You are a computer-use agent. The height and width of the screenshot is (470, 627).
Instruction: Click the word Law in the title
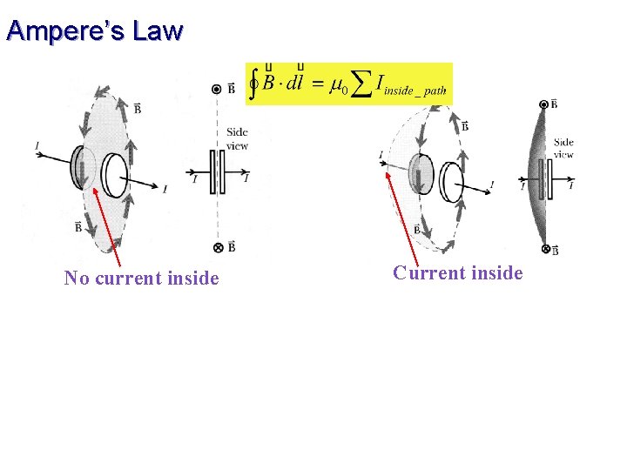click(158, 31)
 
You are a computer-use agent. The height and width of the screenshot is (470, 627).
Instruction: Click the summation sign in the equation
click(355, 84)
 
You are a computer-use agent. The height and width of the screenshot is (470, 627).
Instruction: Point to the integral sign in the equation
click(253, 84)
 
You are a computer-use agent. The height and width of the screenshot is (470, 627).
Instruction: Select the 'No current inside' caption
click(141, 279)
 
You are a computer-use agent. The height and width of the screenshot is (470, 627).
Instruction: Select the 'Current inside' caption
click(457, 273)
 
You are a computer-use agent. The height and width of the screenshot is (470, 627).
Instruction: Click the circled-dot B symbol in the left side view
click(217, 89)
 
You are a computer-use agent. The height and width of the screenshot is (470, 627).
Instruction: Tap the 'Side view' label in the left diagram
click(237, 139)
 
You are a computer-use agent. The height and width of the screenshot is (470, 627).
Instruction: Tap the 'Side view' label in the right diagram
click(563, 148)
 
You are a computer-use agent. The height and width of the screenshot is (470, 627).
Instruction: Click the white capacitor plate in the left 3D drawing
click(113, 174)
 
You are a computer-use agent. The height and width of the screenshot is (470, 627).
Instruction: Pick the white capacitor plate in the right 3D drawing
click(452, 182)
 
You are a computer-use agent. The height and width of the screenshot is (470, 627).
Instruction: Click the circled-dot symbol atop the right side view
click(543, 104)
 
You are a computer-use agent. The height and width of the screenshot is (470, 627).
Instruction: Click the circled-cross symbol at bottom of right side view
click(546, 250)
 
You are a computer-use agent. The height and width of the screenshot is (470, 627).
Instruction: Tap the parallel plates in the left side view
click(217, 172)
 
